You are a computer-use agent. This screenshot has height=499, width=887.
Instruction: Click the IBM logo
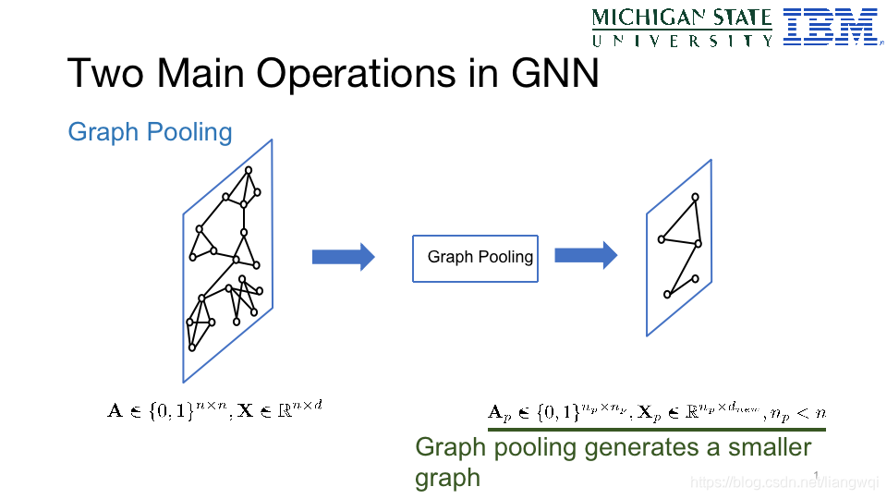click(830, 27)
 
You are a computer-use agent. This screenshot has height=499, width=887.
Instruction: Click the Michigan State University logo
click(683, 27)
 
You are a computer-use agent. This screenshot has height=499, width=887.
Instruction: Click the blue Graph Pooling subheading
click(150, 132)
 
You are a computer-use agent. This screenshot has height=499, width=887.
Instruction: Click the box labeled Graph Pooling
click(475, 257)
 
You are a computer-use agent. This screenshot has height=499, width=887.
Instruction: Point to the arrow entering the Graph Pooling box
click(343, 257)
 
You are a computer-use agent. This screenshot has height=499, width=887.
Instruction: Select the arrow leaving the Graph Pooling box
click(585, 255)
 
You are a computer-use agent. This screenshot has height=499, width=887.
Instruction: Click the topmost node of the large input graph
click(248, 170)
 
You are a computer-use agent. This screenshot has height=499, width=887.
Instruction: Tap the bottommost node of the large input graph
click(192, 347)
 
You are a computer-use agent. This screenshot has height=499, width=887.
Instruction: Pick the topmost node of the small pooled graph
click(695, 197)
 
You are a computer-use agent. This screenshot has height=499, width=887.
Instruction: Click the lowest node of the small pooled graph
click(667, 295)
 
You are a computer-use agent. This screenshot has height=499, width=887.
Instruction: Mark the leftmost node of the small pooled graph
click(662, 239)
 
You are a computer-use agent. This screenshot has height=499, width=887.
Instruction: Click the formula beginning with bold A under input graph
click(214, 408)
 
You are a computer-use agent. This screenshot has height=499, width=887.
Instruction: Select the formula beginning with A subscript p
click(656, 413)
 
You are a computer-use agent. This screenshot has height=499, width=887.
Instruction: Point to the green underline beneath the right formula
click(656, 429)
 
